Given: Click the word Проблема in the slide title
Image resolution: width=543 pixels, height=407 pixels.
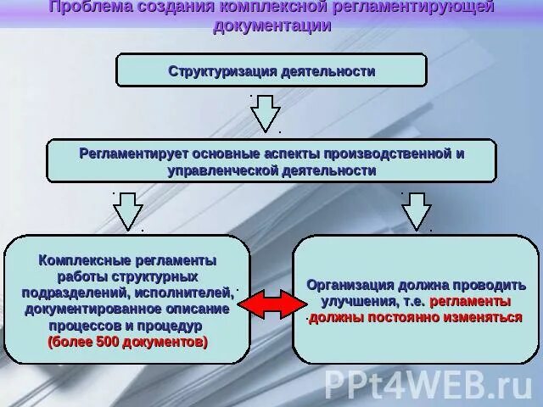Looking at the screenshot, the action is coord(91,8).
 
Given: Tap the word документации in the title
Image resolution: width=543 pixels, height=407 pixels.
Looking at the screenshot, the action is coord(271,25).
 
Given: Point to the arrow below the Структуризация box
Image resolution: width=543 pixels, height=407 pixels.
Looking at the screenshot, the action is coord(266,112).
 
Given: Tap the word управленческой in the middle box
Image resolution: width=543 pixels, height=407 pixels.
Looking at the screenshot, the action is coord(222,170).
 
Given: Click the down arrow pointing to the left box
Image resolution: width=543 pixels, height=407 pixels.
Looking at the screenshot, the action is coord(128,210).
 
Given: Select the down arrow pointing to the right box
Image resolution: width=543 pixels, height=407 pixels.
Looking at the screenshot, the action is coord(416,210).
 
